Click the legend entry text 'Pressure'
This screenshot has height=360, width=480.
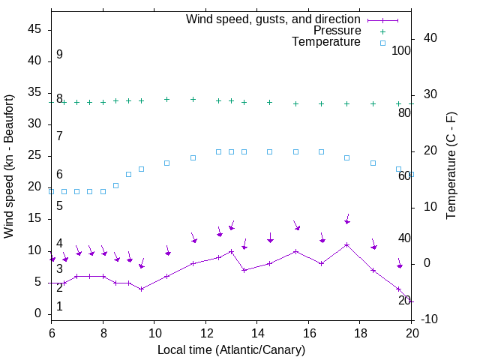[x=337, y=31]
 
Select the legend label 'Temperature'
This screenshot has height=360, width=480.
[x=326, y=42]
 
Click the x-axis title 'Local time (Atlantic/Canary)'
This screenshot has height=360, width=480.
[x=231, y=349]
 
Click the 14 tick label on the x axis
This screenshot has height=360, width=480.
[x=257, y=333]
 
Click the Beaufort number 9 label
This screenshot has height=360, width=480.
[x=59, y=55]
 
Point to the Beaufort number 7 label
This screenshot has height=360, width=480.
[x=59, y=136]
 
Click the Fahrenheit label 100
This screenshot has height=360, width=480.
[x=401, y=50]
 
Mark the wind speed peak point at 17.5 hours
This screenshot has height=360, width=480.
[x=347, y=244]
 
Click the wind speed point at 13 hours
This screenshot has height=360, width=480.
[x=232, y=251]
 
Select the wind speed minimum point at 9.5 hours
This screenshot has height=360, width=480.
[x=141, y=289]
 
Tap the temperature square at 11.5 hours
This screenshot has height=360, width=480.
[x=193, y=157]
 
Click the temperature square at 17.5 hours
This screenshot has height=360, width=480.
[x=347, y=157]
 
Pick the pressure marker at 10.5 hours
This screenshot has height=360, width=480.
[x=167, y=99]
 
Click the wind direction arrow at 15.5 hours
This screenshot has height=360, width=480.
[x=297, y=226]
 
